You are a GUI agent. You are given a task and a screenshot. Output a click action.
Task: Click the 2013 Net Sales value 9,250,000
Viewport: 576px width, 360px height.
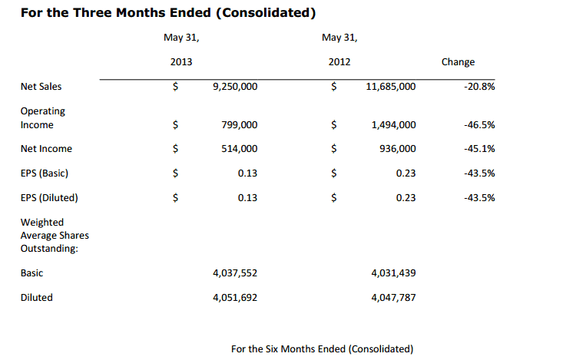point(234,87)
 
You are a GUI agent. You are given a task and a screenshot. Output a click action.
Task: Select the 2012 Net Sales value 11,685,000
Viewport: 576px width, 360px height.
point(391,87)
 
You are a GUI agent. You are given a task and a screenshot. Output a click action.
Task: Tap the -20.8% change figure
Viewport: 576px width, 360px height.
point(479,87)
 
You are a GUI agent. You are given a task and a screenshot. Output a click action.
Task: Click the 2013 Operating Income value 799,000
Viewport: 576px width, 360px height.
point(239,124)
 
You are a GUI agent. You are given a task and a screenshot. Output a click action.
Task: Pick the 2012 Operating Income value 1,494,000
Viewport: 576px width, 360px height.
point(393,124)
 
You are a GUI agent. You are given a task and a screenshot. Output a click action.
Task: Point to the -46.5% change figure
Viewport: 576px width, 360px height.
point(479,124)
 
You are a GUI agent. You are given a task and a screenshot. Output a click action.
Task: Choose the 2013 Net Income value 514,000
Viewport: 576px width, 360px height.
point(239,149)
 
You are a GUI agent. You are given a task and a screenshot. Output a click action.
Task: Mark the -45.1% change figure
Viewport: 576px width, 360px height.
point(479,149)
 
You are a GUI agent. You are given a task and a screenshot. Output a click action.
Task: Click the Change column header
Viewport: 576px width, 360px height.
point(458,62)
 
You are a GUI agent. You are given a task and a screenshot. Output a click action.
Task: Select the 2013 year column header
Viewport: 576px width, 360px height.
point(181,62)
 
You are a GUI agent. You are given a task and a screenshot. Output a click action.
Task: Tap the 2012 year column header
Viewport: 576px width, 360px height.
point(339,62)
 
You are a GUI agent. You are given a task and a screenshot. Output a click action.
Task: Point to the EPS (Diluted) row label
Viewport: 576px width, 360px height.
point(49,198)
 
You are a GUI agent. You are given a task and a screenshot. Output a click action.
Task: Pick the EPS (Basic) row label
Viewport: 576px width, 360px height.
point(47,173)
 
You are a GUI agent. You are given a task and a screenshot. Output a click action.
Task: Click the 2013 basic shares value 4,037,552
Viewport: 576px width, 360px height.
point(234,272)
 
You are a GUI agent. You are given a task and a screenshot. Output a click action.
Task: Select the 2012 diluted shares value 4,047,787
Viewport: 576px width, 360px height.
point(392,297)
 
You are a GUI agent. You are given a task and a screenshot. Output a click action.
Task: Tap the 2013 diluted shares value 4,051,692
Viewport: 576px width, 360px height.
point(234,297)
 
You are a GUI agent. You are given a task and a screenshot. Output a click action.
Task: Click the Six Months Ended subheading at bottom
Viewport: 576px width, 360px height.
point(322,349)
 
